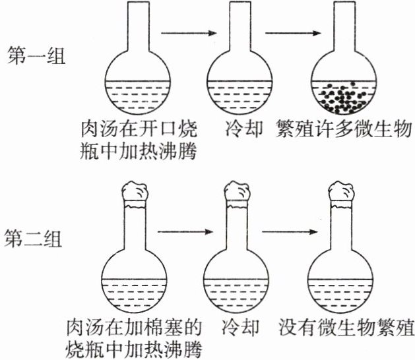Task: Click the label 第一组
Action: tap(35, 56)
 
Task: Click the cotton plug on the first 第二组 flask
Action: tap(137, 192)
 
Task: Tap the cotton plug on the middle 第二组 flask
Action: tap(238, 192)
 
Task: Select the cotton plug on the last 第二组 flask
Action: tap(340, 192)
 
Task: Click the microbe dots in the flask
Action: tap(344, 96)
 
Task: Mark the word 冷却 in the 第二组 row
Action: tap(237, 328)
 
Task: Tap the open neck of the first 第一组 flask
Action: tap(139, 26)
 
